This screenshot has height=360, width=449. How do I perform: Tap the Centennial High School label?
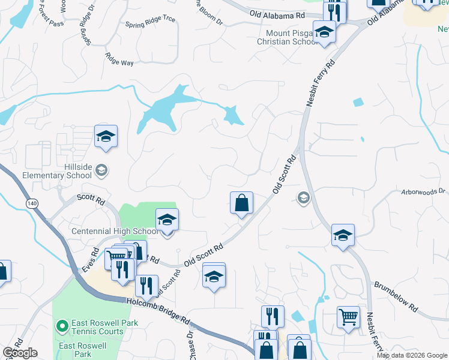tap(113, 231)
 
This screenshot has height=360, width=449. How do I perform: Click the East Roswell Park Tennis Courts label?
tap(104, 327)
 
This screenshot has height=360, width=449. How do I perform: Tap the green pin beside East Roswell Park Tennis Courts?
tap(61, 326)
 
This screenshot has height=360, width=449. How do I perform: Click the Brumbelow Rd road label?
tap(396, 296)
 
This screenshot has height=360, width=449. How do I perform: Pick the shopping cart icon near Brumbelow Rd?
tap(348, 316)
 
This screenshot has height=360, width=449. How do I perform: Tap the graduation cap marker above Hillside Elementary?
tap(106, 136)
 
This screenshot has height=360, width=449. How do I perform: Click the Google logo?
tap(20, 353)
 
